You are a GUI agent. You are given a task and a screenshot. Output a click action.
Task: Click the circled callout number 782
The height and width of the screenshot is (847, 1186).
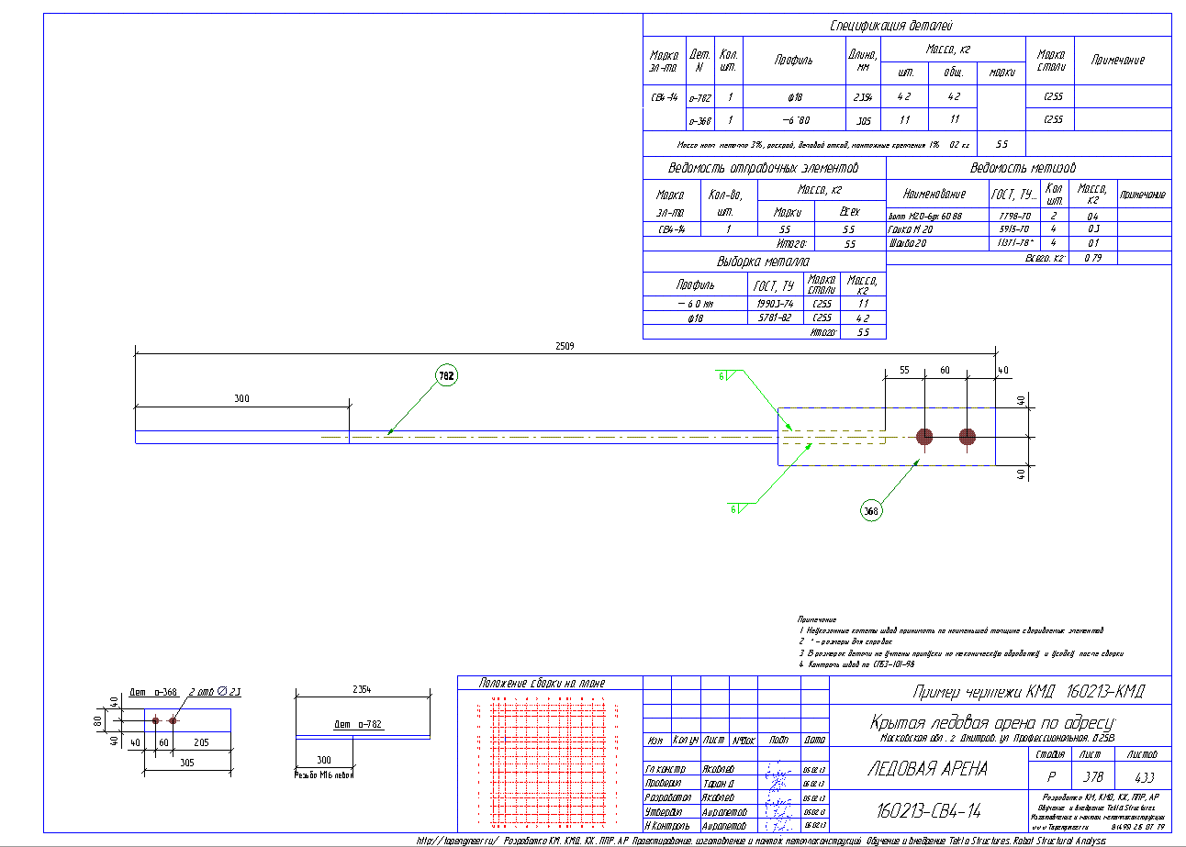(446, 374)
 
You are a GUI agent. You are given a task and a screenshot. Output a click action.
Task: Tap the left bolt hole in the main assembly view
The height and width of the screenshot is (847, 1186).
(923, 437)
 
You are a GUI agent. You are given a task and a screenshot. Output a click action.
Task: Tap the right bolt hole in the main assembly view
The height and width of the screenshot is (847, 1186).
(967, 437)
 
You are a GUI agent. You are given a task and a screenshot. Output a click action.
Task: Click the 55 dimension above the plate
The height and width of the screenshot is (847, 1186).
(904, 369)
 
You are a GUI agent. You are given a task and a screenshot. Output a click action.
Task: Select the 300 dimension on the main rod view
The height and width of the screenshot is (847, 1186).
(241, 399)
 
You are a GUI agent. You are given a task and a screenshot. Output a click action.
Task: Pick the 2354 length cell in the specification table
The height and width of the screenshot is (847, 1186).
(862, 96)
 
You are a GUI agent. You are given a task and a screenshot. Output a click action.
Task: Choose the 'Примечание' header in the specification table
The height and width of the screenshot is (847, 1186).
(1117, 60)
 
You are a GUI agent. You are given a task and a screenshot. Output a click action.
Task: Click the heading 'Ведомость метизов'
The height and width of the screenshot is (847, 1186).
(1023, 169)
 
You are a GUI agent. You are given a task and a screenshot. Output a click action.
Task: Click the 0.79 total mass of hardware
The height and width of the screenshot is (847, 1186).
(1092, 258)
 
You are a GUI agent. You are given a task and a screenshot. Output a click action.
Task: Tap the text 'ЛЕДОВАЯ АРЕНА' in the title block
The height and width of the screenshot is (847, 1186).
(927, 769)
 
